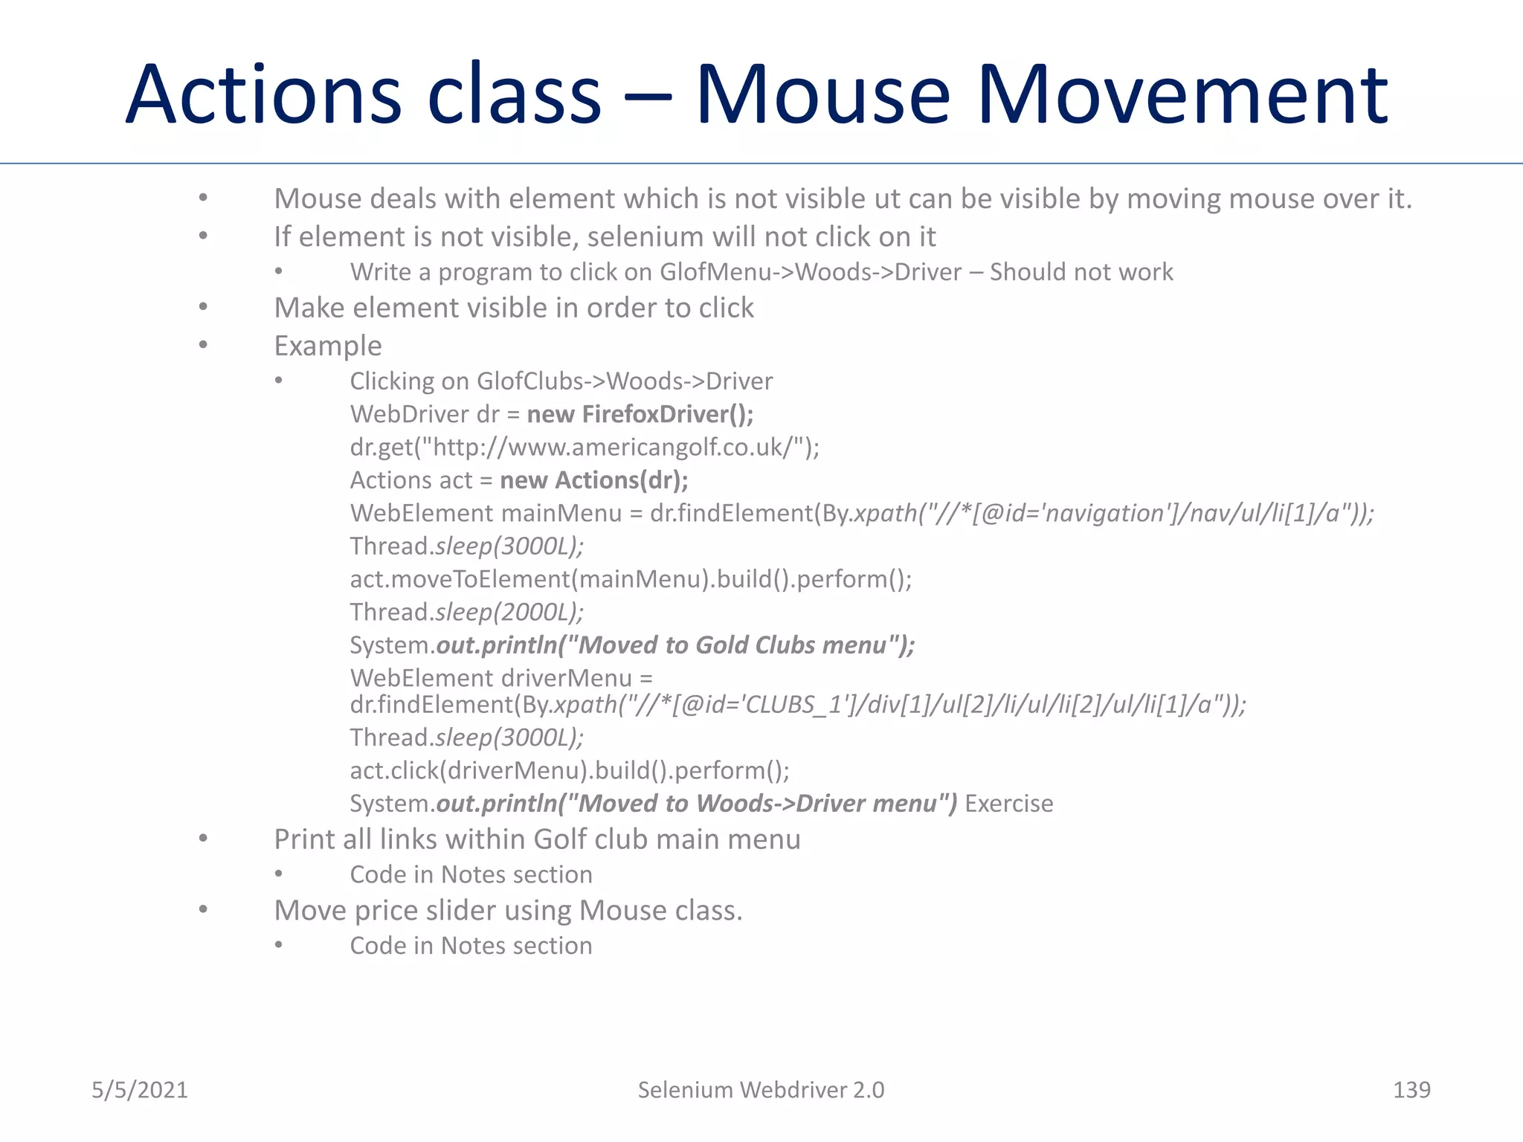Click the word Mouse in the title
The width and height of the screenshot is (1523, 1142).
(822, 94)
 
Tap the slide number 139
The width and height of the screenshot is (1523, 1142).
(1411, 1089)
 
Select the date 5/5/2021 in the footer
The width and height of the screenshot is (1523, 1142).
(140, 1089)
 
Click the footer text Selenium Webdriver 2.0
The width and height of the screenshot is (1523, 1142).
(761, 1089)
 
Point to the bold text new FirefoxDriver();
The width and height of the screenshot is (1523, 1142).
(640, 414)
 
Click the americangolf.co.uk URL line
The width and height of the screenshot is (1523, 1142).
(585, 447)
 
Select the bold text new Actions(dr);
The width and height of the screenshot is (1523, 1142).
(593, 480)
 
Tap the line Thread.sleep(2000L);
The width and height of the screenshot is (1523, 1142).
(466, 612)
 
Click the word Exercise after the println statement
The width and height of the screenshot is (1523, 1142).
(1008, 803)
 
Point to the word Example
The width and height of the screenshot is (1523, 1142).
(328, 346)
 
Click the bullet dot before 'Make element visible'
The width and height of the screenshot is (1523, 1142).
(203, 307)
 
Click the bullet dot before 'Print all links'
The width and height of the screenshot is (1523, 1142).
(203, 839)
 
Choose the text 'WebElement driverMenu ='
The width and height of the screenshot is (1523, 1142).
(501, 677)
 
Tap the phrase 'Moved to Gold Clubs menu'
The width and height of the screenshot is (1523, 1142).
(732, 645)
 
